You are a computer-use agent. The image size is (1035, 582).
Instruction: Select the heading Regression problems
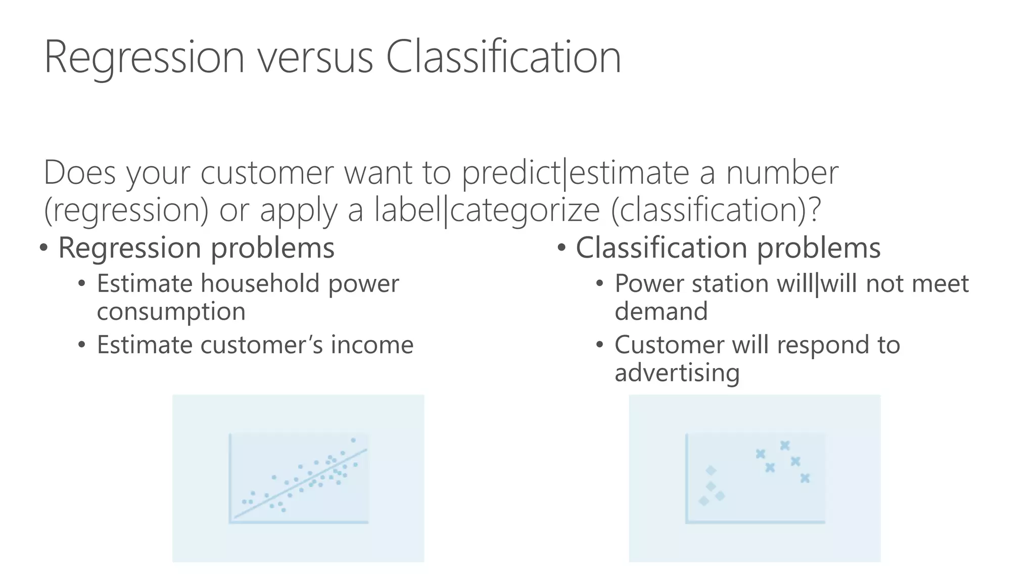[x=196, y=248]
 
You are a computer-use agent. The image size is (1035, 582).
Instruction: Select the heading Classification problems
[x=728, y=248]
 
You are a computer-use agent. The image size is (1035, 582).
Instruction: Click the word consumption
[x=171, y=311]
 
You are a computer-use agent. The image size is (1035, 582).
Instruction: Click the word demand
[x=661, y=311]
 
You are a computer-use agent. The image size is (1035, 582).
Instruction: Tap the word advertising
[x=677, y=373]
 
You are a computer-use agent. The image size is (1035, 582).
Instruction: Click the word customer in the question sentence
[x=267, y=172]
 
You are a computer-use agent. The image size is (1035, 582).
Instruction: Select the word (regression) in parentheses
[x=126, y=210]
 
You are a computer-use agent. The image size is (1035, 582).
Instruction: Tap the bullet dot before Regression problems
[x=44, y=248]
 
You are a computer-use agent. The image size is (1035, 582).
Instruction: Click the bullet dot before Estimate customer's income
[x=82, y=346]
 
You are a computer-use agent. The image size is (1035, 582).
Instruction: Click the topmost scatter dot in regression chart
[x=353, y=440]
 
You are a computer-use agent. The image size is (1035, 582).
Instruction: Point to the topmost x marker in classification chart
[x=784, y=445]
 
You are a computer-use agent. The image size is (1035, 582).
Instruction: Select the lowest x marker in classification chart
[x=805, y=477]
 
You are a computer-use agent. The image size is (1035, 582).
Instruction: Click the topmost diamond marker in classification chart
[x=711, y=470]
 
